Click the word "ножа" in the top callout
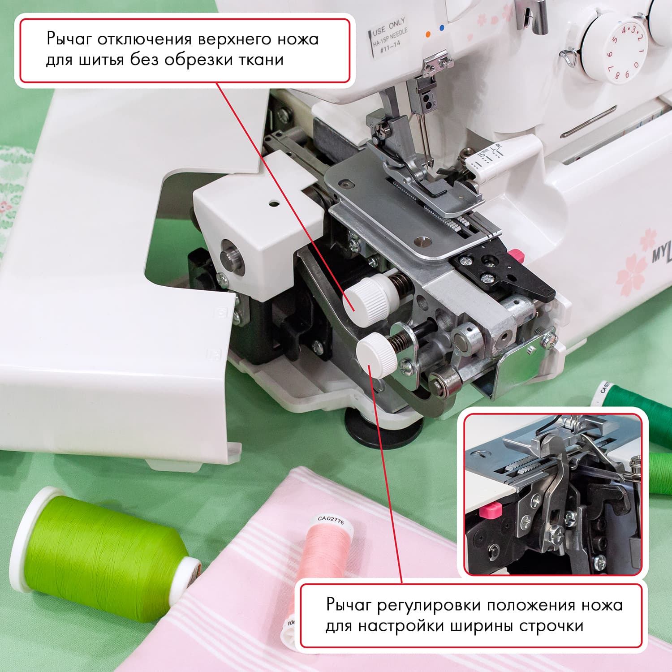297,39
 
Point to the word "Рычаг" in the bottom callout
349,605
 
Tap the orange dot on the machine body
428,34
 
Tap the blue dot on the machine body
442,28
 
